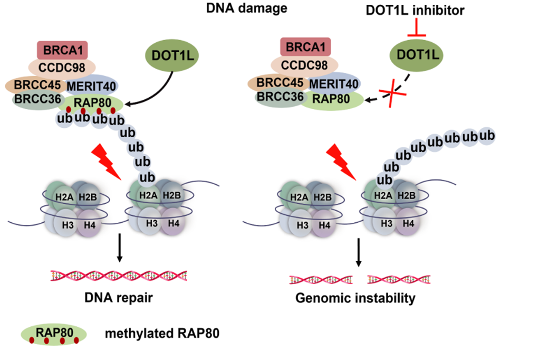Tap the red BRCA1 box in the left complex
click(x=62, y=50)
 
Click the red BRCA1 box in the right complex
click(x=304, y=48)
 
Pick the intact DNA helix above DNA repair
click(x=119, y=276)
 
